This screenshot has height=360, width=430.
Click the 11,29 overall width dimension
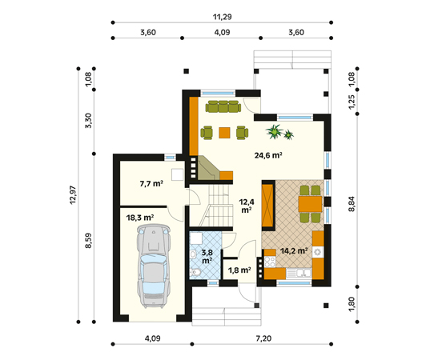tap(222, 17)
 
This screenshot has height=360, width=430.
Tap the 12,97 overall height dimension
tap(73, 195)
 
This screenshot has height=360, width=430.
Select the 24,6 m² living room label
tap(268, 155)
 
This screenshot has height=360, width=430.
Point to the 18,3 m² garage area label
tap(140, 218)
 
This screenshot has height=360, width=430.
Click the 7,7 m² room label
tap(151, 183)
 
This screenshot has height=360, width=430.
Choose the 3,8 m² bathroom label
tap(207, 257)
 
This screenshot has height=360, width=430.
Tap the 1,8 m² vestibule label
tap(239, 270)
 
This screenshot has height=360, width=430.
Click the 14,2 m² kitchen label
tap(294, 250)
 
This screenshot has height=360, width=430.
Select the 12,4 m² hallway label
tap(247, 206)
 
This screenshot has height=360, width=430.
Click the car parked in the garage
tap(153, 266)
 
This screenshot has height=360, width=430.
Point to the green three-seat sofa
tap(223, 106)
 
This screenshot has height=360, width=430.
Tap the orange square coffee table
tap(224, 133)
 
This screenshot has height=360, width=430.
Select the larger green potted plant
tap(275, 131)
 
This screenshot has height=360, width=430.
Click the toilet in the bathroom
tap(195, 272)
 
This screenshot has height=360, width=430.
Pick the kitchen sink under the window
tap(299, 273)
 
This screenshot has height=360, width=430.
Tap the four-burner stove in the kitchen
tap(270, 262)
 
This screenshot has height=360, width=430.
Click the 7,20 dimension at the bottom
tap(263, 338)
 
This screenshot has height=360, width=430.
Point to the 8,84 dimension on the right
tap(352, 204)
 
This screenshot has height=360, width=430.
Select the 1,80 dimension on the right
tap(352, 304)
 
